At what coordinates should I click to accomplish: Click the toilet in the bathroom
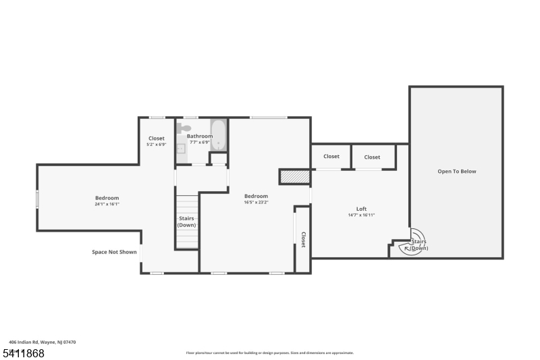point(184,128)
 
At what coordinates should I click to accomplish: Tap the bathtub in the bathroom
point(218,134)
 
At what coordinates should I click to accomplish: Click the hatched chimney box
point(294,176)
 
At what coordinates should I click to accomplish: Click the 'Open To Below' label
point(456,172)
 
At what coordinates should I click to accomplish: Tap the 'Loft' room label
point(361,209)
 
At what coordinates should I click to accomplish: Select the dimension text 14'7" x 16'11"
point(361,215)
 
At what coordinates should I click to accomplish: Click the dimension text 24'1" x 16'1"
point(107,204)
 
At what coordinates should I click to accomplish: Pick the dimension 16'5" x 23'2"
point(256,202)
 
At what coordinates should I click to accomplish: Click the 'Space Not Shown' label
point(114,252)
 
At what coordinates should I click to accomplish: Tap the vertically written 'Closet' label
point(303,240)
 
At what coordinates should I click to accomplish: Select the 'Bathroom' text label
point(200,136)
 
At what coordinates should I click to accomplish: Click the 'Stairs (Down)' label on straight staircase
point(187,222)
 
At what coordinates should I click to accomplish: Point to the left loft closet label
point(331,157)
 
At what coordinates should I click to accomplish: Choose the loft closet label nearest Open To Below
point(372,157)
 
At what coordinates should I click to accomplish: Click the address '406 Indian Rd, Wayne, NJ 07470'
point(43,342)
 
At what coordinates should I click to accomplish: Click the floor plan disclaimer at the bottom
point(269,353)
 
